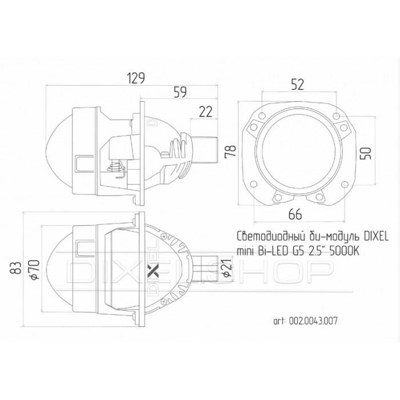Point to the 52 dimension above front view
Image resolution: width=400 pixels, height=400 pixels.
[x=297, y=84]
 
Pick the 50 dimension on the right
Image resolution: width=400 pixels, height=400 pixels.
[x=367, y=153]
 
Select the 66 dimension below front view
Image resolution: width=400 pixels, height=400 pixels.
[x=296, y=215]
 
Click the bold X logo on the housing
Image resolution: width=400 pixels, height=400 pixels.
[x=151, y=269]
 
